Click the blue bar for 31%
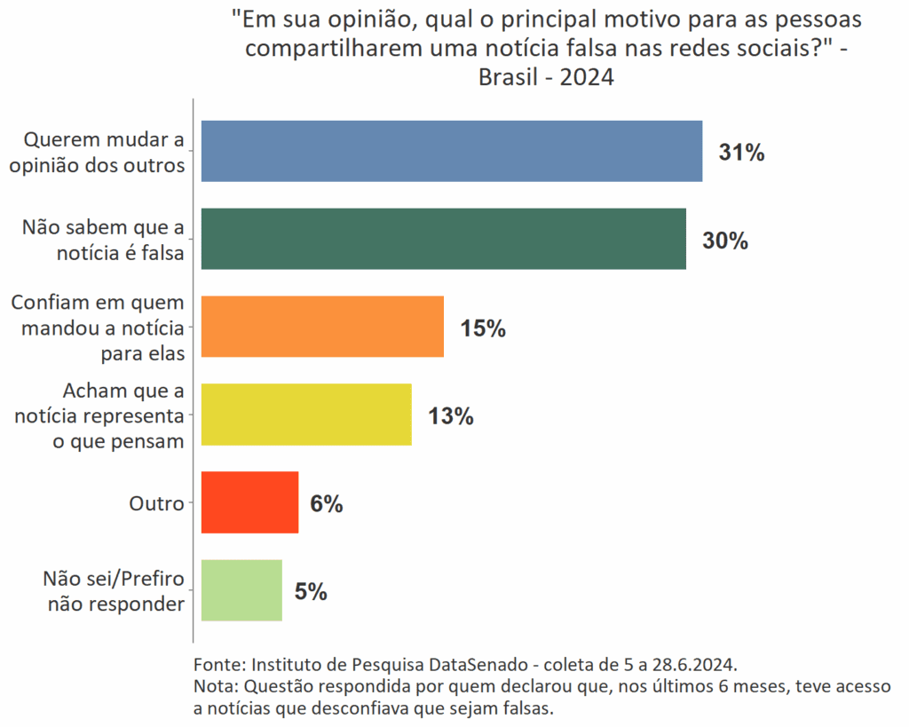pos(452,151)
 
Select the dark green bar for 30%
pos(444,239)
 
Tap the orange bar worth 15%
pos(322,327)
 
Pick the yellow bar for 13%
pos(306,415)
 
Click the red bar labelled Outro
pos(249,502)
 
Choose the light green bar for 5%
pos(241,590)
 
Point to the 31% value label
pos(741,153)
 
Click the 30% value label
pos(725,241)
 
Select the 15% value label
pos(483,328)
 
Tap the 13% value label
pos(450,416)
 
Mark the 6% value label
pos(326,504)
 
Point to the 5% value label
pos(311,592)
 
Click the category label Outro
pos(156,503)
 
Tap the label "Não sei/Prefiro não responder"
pos(114,591)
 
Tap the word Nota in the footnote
pos(213,686)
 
